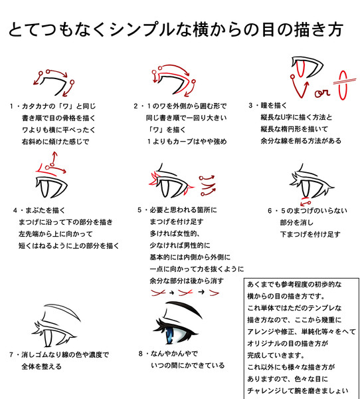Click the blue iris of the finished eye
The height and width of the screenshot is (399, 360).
pos(169,334)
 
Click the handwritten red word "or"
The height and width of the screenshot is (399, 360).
pos(322,93)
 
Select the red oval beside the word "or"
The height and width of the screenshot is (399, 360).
pos(343,85)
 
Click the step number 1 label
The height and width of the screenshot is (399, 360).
pos(11,106)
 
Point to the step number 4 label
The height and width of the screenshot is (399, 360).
pos(15,211)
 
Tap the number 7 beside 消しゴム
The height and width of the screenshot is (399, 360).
pos(11,354)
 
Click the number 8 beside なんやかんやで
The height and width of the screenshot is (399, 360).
pos(141,354)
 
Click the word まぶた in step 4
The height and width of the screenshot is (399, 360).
pos(35,210)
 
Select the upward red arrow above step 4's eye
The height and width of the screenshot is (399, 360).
pos(53,158)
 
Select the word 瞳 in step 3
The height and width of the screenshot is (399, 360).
pos(264,105)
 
